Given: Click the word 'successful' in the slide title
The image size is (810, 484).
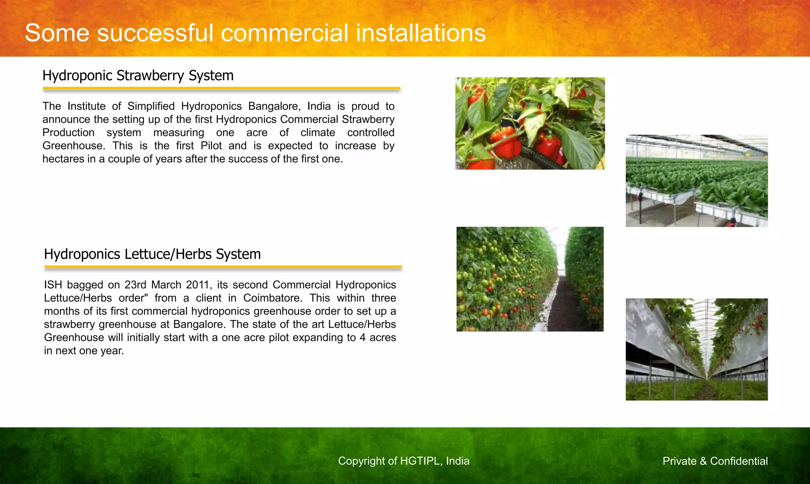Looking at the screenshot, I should [155, 33].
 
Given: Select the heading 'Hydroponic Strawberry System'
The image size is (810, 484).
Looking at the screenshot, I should [138, 76].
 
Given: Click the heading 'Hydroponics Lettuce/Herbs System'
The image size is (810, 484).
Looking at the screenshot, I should [152, 254].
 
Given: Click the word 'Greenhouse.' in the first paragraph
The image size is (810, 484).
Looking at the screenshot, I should [74, 146].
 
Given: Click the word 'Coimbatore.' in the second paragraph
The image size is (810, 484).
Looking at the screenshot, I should [273, 298].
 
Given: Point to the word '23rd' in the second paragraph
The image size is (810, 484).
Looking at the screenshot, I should [136, 285].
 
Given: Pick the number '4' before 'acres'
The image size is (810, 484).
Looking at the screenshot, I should [362, 337].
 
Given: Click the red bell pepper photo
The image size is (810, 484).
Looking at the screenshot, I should [530, 123].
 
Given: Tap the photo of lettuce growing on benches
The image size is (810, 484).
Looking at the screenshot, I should [696, 181].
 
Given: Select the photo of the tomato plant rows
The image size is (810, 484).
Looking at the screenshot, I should [530, 279].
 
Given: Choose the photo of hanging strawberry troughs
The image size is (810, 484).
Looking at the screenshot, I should [696, 349].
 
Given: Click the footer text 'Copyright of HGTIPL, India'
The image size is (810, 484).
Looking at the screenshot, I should [403, 461].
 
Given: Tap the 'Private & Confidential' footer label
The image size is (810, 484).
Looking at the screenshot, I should [715, 461].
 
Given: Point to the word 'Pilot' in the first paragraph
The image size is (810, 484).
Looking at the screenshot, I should [211, 146].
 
